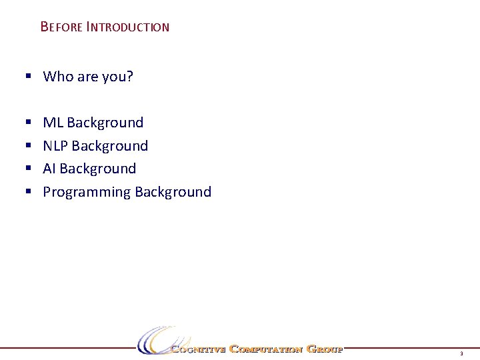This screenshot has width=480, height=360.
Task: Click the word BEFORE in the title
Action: pyautogui.click(x=61, y=27)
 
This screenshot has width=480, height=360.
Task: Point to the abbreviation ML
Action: pyautogui.click(x=53, y=123)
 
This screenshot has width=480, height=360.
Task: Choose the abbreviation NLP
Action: pyautogui.click(x=55, y=146)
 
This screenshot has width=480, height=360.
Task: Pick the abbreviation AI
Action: pyautogui.click(x=49, y=169)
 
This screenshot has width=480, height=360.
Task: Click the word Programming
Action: pyautogui.click(x=87, y=192)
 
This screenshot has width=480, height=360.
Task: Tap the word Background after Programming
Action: pyautogui.click(x=173, y=192)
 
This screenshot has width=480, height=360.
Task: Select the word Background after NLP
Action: pyautogui.click(x=110, y=146)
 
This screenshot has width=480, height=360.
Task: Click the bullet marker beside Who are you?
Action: pyautogui.click(x=28, y=77)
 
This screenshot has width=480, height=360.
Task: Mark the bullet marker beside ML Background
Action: pyautogui.click(x=28, y=123)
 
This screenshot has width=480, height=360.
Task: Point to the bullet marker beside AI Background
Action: pyautogui.click(x=28, y=169)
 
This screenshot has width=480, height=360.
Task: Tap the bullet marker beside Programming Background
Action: pyautogui.click(x=28, y=192)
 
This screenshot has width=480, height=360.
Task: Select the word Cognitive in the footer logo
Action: pyautogui.click(x=198, y=349)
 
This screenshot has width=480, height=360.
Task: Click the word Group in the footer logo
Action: pyautogui.click(x=324, y=349)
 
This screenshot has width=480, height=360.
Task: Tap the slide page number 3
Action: pyautogui.click(x=461, y=353)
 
